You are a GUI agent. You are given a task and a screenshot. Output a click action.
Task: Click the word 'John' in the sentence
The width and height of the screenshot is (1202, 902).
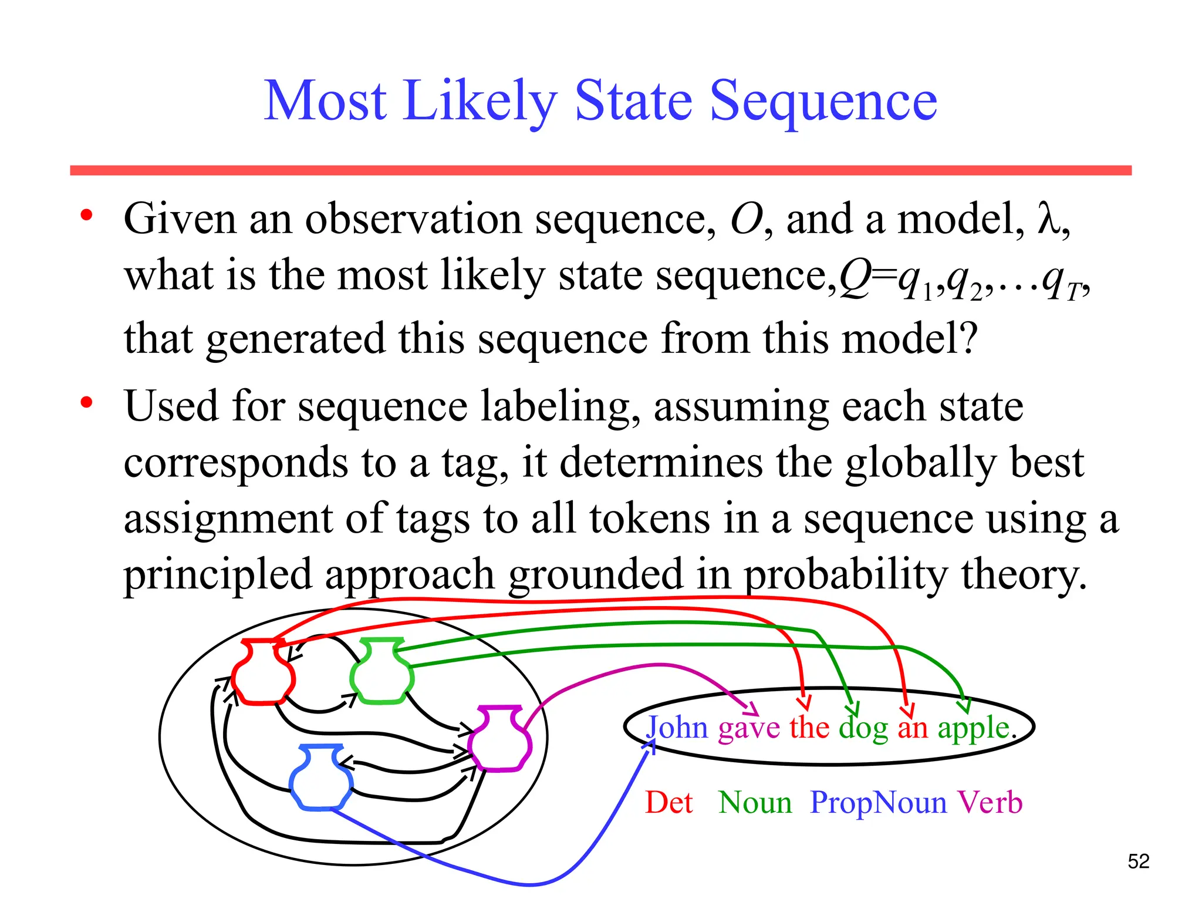coord(677,728)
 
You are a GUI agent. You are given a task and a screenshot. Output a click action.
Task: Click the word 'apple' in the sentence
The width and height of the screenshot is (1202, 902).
coord(973,729)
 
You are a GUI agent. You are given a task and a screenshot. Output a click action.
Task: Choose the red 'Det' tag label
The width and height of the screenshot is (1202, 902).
coord(668,802)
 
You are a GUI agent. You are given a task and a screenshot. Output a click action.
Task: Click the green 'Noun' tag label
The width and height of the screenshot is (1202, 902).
coord(755,802)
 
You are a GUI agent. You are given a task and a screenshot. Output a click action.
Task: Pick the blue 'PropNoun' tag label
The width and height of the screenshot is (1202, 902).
coord(878,802)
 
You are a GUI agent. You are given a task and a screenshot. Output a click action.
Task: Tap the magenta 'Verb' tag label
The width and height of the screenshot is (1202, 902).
coord(990,802)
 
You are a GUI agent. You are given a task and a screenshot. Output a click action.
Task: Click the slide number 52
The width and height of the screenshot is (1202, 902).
coord(1138,861)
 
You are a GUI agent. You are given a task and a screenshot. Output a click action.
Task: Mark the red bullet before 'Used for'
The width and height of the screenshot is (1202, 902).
coord(87,403)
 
